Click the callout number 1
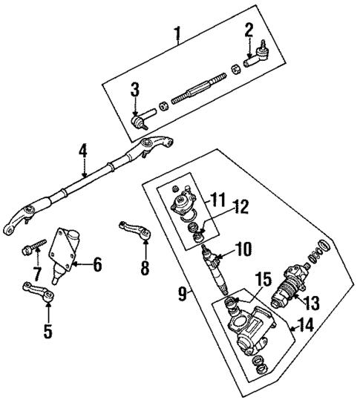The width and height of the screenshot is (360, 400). (177, 33)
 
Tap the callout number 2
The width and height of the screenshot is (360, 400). (249, 30)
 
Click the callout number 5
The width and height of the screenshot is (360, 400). (48, 330)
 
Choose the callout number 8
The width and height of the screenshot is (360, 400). (145, 266)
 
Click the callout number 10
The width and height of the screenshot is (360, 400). (244, 249)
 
